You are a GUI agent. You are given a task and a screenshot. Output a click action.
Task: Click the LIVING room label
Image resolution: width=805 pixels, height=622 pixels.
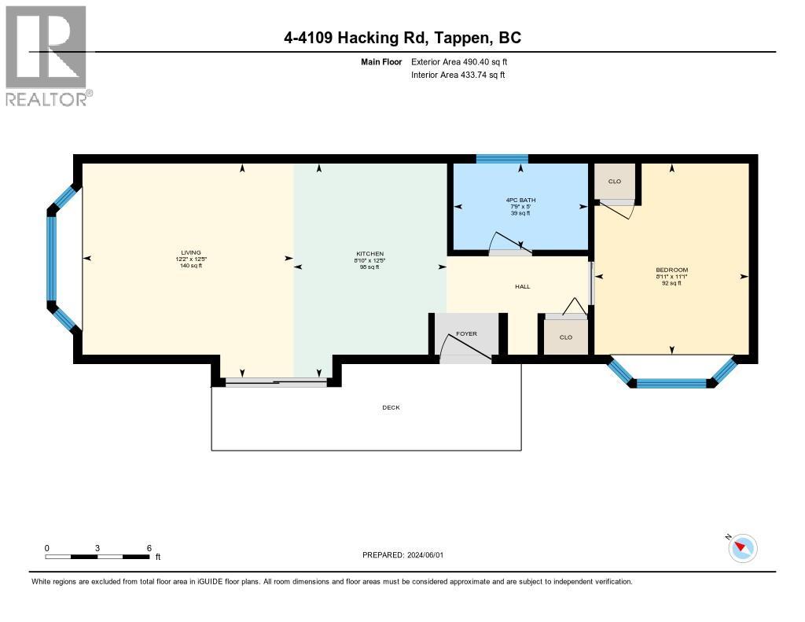(190, 253)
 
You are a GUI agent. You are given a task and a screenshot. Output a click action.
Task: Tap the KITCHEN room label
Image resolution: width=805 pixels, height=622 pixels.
(369, 254)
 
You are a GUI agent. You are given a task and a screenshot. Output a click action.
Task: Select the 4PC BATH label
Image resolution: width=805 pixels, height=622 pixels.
(520, 200)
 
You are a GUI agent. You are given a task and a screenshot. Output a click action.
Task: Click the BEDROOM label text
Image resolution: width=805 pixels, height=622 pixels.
(671, 270)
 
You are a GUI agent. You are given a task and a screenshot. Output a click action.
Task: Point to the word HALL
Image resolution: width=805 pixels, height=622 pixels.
(522, 286)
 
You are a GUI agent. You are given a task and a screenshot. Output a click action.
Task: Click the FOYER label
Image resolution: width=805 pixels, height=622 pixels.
(466, 334)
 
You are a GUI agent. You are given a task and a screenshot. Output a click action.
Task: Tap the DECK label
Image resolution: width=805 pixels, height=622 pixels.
(391, 407)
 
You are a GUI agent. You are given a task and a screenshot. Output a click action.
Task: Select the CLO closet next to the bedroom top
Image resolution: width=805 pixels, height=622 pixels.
(615, 182)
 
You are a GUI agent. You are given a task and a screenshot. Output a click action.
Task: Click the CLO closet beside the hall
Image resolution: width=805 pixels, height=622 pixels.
(565, 337)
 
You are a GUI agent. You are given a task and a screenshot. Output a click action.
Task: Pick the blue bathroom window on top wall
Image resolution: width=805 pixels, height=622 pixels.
(502, 159)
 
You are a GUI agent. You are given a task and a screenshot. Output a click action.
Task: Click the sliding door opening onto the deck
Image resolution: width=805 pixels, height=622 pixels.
(275, 382)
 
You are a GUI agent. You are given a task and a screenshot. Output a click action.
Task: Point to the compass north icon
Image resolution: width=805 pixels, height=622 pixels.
(742, 547)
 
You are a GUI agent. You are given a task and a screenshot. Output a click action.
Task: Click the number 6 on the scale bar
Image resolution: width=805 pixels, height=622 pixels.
(149, 548)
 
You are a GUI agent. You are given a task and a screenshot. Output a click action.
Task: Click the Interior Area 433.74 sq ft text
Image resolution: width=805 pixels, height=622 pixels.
(458, 75)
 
